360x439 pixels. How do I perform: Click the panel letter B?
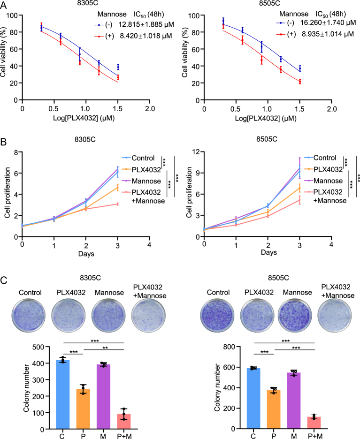pyautogui.click(x=4, y=141)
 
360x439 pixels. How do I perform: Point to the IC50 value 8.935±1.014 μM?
pyautogui.click(x=323, y=34)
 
